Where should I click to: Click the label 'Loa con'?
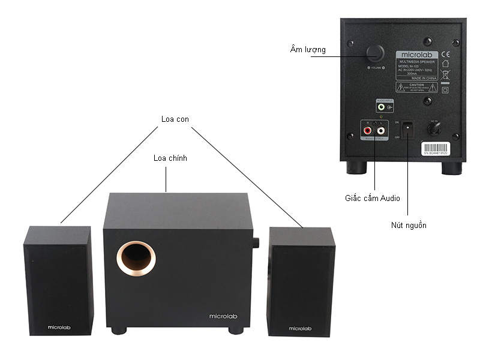[x=175, y=119]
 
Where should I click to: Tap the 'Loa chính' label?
[x=170, y=158]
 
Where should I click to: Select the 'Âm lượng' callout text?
[x=308, y=50]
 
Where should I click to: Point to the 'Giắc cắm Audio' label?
[x=372, y=197]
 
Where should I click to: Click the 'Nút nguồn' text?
[x=408, y=225]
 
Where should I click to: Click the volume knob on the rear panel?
[x=376, y=52]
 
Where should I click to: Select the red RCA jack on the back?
[x=367, y=129]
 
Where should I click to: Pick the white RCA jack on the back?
[x=380, y=129]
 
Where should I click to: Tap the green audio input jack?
[x=382, y=107]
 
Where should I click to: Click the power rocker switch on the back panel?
[x=408, y=128]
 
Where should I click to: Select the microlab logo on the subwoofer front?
[x=220, y=316]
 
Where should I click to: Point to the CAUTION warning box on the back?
[x=415, y=88]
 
